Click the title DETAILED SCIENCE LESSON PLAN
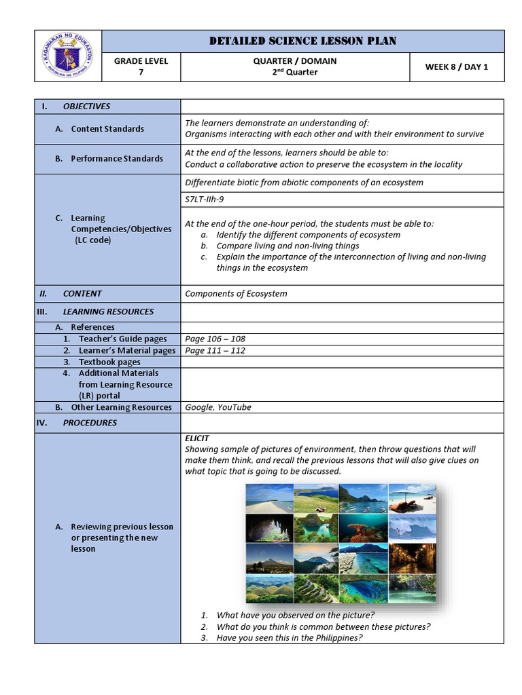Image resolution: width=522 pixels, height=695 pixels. (x=302, y=41)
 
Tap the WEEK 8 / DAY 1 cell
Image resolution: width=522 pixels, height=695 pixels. (x=456, y=67)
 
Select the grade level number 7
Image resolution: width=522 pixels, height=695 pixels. (x=141, y=73)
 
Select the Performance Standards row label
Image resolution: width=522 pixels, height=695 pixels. (x=117, y=159)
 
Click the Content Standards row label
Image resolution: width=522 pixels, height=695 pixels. (x=107, y=129)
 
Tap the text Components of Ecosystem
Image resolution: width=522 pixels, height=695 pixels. (x=236, y=294)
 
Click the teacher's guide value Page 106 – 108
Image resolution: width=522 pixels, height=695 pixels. (x=215, y=339)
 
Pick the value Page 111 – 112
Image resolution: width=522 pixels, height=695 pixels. (x=215, y=351)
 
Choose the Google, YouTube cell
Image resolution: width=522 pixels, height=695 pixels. (x=217, y=407)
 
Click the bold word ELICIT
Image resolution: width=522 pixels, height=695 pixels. (x=197, y=438)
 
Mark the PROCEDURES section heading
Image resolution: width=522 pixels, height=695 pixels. (x=90, y=423)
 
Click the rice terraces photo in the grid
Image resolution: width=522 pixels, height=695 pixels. (x=317, y=588)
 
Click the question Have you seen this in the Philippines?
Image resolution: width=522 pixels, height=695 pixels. (x=289, y=638)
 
